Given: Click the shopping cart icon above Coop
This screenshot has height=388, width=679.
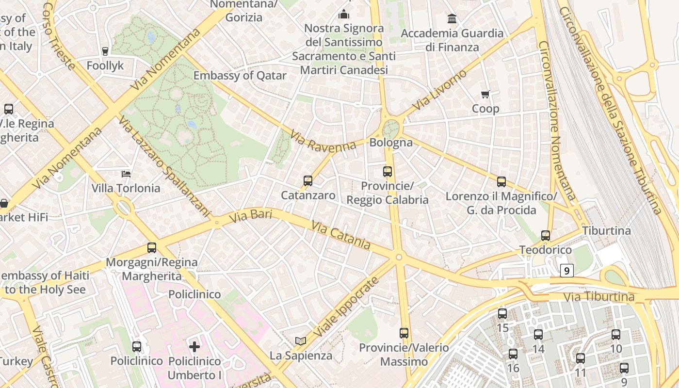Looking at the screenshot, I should (x=485, y=94).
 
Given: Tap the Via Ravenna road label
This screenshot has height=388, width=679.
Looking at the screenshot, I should (x=323, y=141).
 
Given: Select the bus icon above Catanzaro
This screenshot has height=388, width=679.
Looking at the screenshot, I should (x=308, y=181).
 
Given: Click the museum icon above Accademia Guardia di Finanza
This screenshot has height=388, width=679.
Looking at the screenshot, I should (x=452, y=19).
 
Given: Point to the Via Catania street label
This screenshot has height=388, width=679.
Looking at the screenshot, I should (x=341, y=235).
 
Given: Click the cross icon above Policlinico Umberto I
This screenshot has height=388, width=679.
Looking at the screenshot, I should (x=194, y=346).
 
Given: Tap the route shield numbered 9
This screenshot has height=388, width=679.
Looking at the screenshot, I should (x=566, y=270).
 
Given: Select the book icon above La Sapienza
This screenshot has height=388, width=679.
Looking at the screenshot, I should (x=301, y=341).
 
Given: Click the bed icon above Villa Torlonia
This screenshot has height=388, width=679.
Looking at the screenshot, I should (x=126, y=174).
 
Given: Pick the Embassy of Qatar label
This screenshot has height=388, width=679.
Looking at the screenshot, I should (x=240, y=76).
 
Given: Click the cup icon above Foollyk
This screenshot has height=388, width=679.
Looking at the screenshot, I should (x=105, y=51).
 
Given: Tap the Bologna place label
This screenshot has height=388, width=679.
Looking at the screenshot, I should (x=391, y=143).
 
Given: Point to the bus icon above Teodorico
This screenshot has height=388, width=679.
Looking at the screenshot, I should (x=546, y=236).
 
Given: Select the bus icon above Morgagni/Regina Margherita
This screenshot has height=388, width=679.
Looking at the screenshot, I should (x=152, y=248).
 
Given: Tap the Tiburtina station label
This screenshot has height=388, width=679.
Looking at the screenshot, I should (x=606, y=230).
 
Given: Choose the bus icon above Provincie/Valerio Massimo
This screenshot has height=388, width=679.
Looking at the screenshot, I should (x=404, y=333).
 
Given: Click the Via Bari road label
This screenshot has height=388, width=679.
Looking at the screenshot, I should (x=250, y=216).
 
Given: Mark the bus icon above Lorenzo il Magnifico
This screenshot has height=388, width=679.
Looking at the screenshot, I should (x=501, y=182).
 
